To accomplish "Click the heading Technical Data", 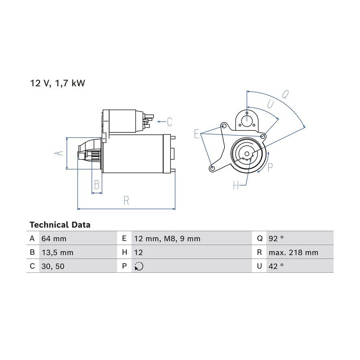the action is coord(60,224).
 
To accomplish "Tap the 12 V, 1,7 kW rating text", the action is coord(57,83).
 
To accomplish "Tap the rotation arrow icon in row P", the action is coord(139,266).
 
